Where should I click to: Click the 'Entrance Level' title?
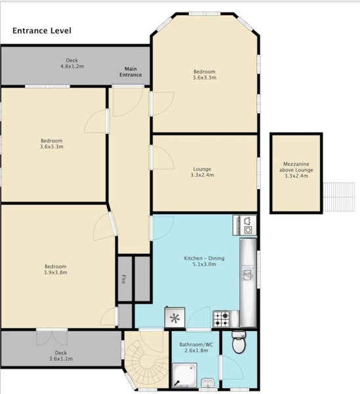tap(42, 31)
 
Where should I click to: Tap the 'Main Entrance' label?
tap(131, 72)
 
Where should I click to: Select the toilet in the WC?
tap(238, 342)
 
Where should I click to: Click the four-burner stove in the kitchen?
tap(221, 319)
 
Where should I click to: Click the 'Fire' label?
tap(124, 279)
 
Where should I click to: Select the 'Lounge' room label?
tap(202, 169)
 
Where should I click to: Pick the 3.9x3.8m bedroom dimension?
tap(56, 273)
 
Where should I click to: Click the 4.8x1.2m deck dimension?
tap(72, 66)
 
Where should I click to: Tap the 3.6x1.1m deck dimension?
tap(61, 359)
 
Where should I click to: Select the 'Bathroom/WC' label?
tap(196, 344)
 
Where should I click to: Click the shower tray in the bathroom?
tap(185, 375)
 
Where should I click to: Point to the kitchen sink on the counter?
tap(248, 273)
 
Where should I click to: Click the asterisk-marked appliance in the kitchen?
tap(175, 318)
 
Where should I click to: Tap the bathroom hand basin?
tap(208, 383)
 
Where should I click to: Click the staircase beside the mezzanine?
tap(339, 197)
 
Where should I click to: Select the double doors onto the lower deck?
tap(52, 338)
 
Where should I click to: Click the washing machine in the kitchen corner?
tap(248, 229)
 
